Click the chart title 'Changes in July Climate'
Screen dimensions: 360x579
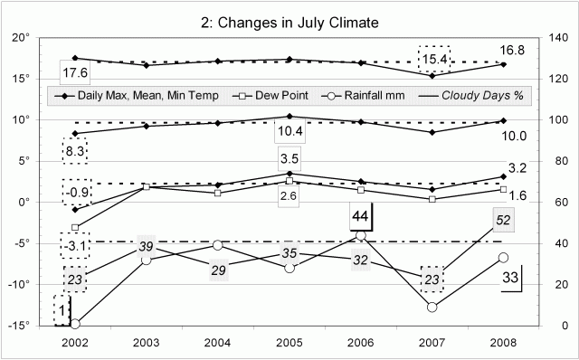[x=289, y=21]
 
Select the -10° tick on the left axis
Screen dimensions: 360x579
[x=23, y=284]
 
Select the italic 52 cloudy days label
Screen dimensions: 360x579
[x=504, y=220]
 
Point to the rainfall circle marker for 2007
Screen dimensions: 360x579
[x=432, y=307]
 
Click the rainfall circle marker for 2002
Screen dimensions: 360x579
[x=74, y=323]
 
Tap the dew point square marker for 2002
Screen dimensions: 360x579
[x=74, y=227]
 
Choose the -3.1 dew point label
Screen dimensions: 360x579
[x=74, y=245]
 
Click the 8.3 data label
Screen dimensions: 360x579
[x=74, y=151]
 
